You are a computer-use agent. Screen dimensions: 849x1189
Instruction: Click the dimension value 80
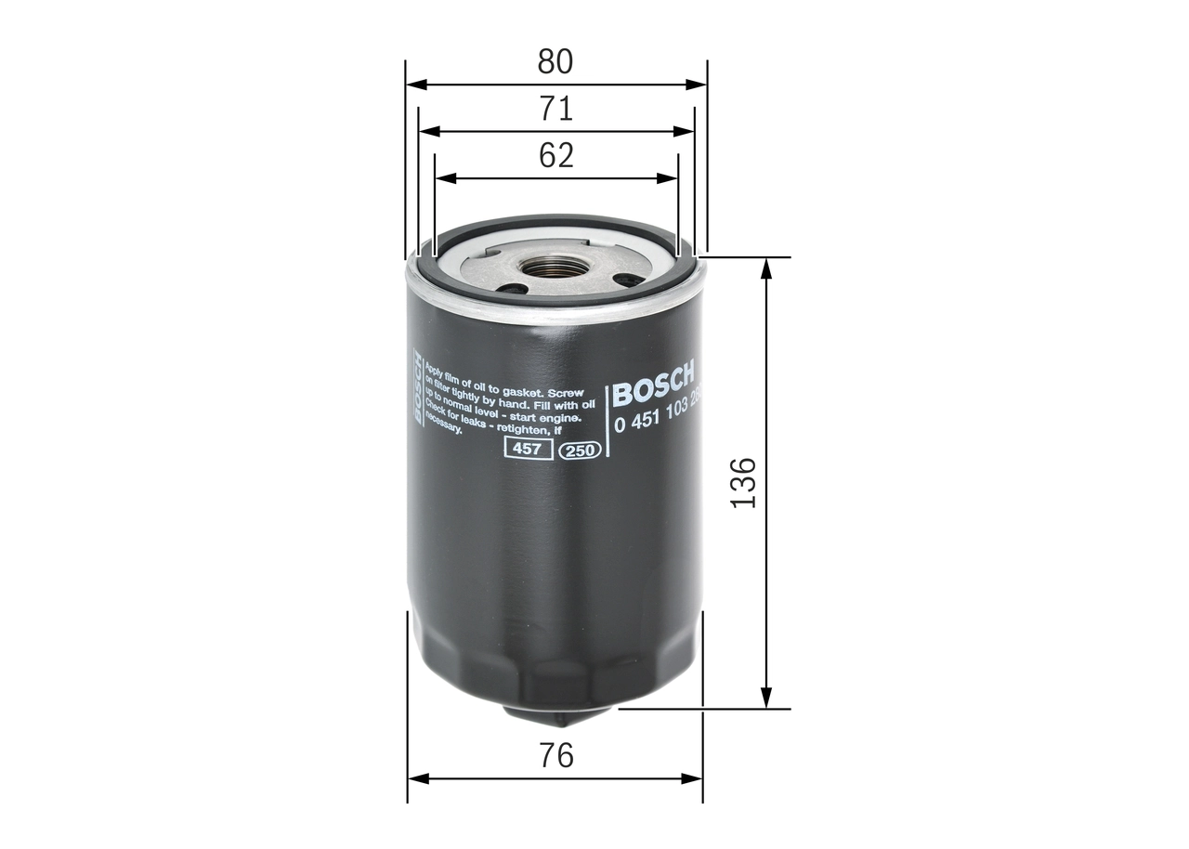pyautogui.click(x=555, y=62)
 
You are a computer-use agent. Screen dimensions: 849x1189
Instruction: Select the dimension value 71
pyautogui.click(x=555, y=110)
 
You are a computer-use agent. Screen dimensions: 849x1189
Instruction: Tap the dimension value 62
pyautogui.click(x=555, y=155)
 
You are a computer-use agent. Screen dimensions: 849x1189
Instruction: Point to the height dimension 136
pyautogui.click(x=743, y=482)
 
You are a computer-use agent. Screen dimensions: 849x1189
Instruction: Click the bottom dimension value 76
pyautogui.click(x=555, y=756)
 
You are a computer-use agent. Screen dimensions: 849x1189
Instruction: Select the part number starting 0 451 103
pyautogui.click(x=656, y=420)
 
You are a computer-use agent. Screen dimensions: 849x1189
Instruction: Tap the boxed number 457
pyautogui.click(x=528, y=450)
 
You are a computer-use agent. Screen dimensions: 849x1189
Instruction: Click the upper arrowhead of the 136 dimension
pyautogui.click(x=766, y=268)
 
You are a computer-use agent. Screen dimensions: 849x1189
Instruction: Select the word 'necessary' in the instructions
pyautogui.click(x=444, y=429)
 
